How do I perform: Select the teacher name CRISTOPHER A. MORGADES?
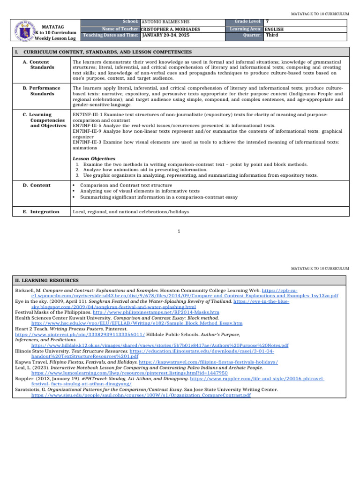(171, 29)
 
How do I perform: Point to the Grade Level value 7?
(267, 22)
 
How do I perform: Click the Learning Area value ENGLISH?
(274, 29)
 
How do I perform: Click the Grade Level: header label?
(248, 22)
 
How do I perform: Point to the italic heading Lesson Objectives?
(94, 159)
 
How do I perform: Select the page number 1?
(180, 231)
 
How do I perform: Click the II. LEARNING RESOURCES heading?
(47, 280)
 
